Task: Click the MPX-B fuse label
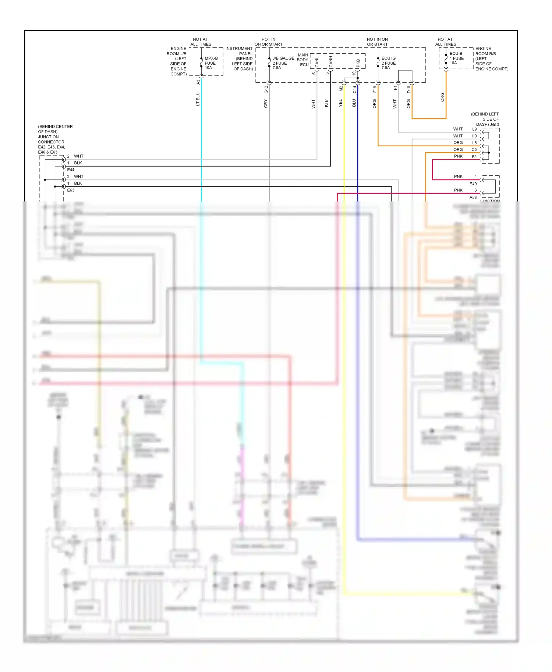click(x=211, y=63)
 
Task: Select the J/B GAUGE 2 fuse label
click(x=283, y=63)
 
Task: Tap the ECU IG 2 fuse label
click(x=388, y=63)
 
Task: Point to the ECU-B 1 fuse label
click(x=456, y=58)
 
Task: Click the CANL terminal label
click(x=317, y=62)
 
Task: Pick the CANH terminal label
click(x=331, y=62)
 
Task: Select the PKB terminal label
click(x=358, y=63)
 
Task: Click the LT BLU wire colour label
click(x=198, y=99)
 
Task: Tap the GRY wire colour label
click(x=266, y=104)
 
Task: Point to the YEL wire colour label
click(x=340, y=103)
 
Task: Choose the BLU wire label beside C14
click(x=354, y=103)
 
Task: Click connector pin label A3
click(x=198, y=82)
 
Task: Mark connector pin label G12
click(x=266, y=89)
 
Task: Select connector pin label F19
click(x=375, y=89)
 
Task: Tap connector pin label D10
click(x=408, y=89)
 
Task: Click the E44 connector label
click(x=71, y=170)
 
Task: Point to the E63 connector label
click(x=71, y=190)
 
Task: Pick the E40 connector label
click(x=473, y=184)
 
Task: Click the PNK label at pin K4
click(x=458, y=156)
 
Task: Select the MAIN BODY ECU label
click(x=303, y=60)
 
